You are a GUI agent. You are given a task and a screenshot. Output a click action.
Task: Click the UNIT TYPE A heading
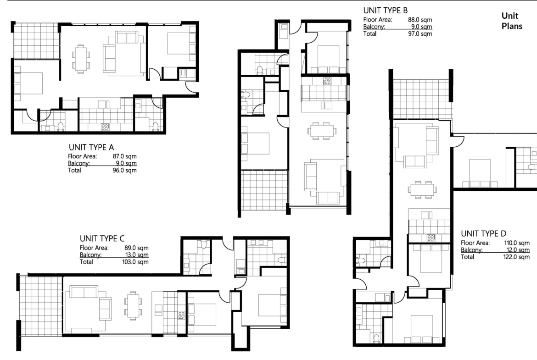[x=91, y=147]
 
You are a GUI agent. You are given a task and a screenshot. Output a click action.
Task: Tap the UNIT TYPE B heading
[x=386, y=11]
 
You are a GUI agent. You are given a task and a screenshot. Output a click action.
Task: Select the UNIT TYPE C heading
[x=102, y=238]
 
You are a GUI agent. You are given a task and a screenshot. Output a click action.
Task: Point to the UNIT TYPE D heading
[x=484, y=234]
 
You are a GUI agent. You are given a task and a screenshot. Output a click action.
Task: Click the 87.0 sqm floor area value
[x=125, y=156]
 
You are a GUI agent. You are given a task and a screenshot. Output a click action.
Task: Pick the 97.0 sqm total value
[x=420, y=33]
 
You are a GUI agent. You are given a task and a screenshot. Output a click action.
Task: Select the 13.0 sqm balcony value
[x=137, y=255]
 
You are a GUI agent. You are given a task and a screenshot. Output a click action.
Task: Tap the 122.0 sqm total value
[x=516, y=257]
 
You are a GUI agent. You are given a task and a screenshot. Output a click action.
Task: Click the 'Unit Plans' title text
[x=512, y=21]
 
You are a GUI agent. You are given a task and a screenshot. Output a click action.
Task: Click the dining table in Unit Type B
[x=322, y=131]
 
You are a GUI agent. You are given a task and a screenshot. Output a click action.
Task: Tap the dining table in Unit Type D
[x=422, y=189]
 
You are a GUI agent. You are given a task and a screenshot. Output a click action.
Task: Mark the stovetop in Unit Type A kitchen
[x=105, y=127]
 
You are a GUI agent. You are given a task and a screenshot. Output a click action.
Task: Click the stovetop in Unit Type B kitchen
[x=327, y=81]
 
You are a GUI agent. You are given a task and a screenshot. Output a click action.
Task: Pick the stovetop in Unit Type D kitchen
[x=431, y=238]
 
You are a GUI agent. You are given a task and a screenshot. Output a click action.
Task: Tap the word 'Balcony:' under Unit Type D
[x=471, y=250]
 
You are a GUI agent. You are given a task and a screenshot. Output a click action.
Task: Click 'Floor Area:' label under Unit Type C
[x=94, y=248]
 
